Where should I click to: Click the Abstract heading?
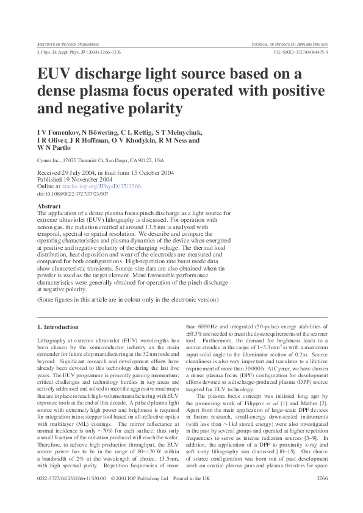coord(49,207)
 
